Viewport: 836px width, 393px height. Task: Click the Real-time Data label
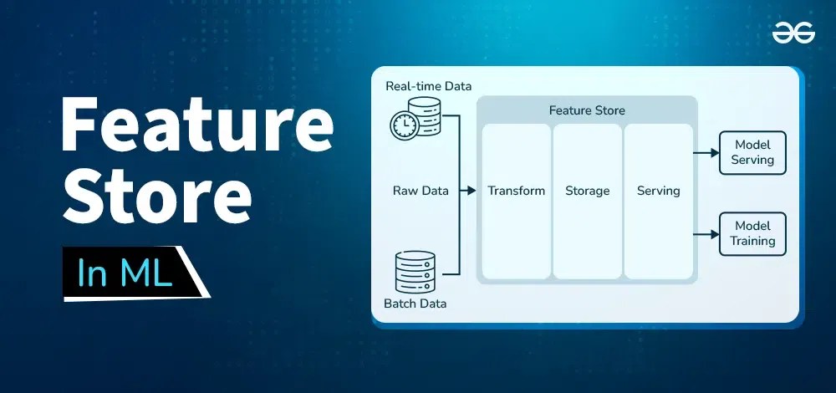[428, 86]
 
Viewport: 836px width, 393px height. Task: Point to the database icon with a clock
[413, 119]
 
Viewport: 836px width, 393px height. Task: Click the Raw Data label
[421, 191]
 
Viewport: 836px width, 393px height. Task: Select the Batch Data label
[415, 304]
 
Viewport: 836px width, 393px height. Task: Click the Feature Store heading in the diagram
[587, 110]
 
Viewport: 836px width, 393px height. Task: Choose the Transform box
[517, 201]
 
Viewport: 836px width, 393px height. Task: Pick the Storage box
[588, 201]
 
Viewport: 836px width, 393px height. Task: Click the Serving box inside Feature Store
[659, 201]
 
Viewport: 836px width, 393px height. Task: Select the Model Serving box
[752, 152]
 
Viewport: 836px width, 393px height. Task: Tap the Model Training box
[752, 233]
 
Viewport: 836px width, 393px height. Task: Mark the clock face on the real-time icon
[403, 125]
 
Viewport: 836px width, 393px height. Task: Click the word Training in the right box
[752, 241]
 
